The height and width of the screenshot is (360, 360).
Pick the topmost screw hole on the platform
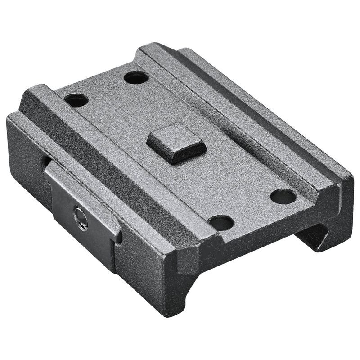pyautogui.click(x=136, y=77)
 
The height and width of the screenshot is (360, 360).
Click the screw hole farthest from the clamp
pyautogui.click(x=283, y=196)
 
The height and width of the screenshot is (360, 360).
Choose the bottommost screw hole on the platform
pyautogui.click(x=221, y=222)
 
